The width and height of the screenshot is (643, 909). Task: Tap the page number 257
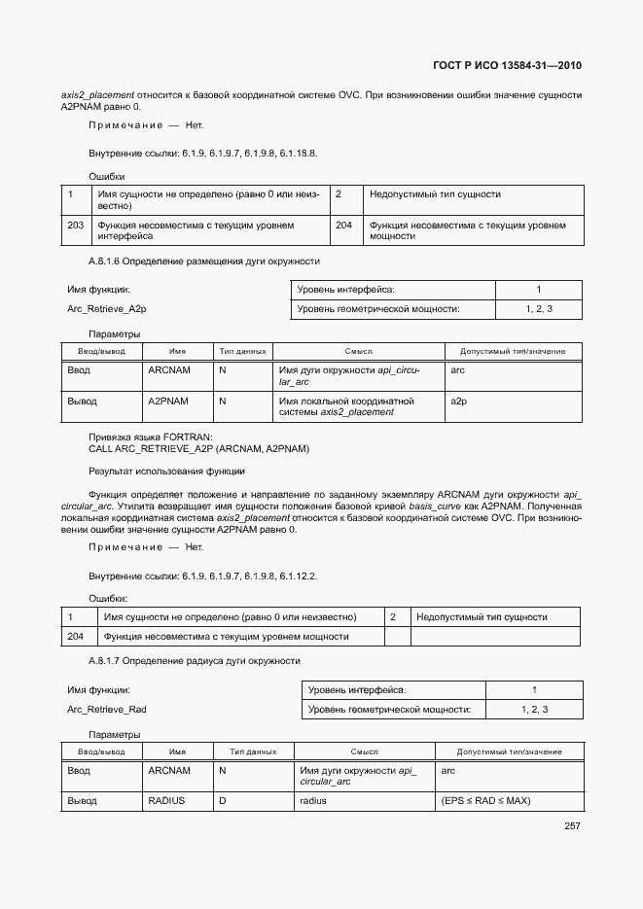572,826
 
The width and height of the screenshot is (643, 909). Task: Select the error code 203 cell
75,225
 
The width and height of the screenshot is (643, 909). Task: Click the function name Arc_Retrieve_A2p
107,308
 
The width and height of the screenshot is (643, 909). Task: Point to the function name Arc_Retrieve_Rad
107,709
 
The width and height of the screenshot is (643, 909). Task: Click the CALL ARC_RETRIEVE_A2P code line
198,449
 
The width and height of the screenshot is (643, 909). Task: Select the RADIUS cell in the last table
166,801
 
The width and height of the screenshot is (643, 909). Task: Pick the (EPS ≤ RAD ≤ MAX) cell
485,801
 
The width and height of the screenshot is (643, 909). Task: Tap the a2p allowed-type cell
460,401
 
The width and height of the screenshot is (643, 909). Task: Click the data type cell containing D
223,801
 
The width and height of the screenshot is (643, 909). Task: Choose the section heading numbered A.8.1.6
203,262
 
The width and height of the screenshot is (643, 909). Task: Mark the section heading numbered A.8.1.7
195,661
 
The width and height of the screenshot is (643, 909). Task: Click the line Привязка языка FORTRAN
151,437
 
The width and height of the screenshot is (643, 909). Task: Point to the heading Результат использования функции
166,471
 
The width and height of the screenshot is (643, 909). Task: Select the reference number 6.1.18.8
298,154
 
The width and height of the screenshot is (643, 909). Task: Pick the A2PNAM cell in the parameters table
169,401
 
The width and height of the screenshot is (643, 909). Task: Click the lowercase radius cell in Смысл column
313,801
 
